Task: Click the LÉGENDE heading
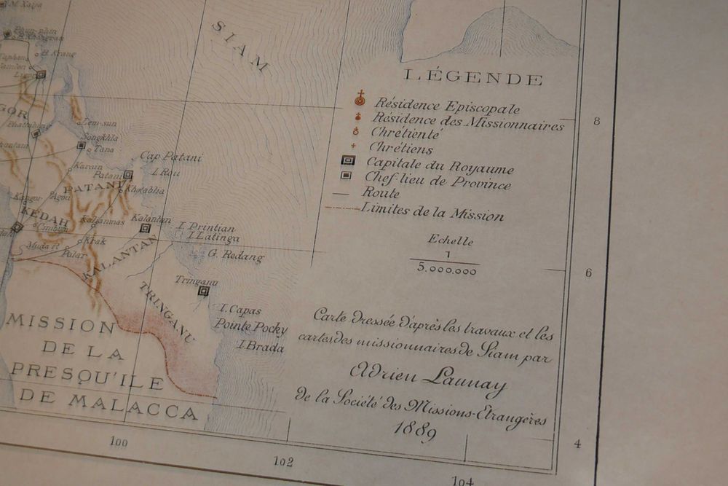473,77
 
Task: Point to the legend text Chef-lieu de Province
437,181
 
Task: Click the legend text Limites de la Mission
432,212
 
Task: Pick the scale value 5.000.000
447,270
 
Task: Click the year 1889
416,431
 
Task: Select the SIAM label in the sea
240,45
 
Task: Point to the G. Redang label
235,256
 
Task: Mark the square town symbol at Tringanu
204,291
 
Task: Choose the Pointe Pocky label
250,326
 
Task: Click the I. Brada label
260,346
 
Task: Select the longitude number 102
282,461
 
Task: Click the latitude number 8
596,121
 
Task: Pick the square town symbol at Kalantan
146,228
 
